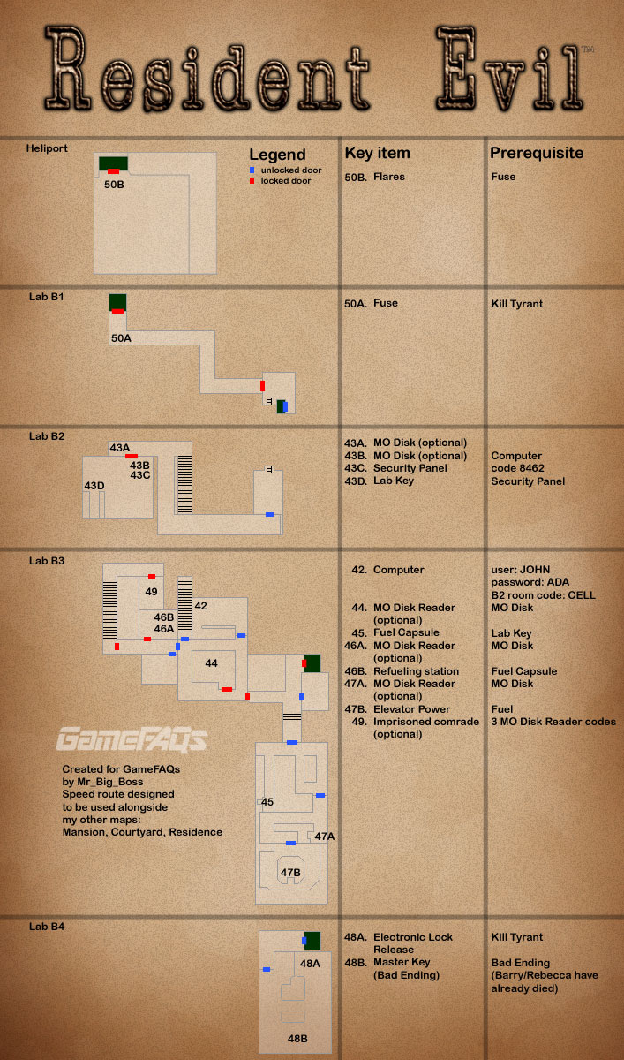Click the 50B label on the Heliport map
click(x=114, y=185)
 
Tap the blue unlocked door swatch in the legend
click(x=252, y=170)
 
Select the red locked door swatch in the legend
click(x=252, y=180)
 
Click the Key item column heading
click(x=377, y=153)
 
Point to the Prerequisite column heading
click(x=537, y=153)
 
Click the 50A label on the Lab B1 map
click(x=121, y=338)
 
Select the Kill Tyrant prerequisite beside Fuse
click(x=517, y=304)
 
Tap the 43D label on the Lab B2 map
click(x=94, y=486)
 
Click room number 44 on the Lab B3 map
click(x=211, y=663)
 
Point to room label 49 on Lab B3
click(x=152, y=592)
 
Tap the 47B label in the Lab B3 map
click(x=291, y=874)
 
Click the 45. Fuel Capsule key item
click(x=395, y=633)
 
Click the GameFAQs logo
click(x=132, y=738)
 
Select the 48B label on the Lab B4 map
click(x=297, y=1039)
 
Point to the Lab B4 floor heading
click(x=46, y=927)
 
